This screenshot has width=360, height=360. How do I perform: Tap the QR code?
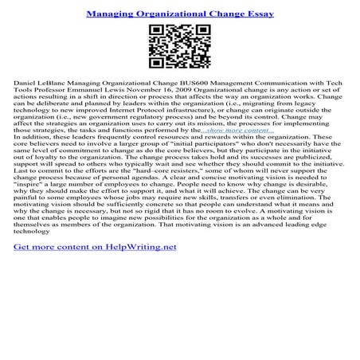click(179, 49)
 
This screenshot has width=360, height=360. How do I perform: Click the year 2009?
click(179, 92)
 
